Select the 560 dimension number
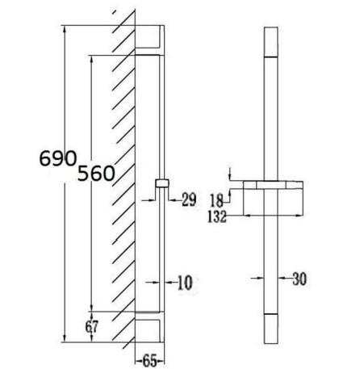(x=96, y=174)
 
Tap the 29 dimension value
(x=189, y=199)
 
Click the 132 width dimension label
(x=216, y=216)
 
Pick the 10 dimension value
(x=185, y=283)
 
